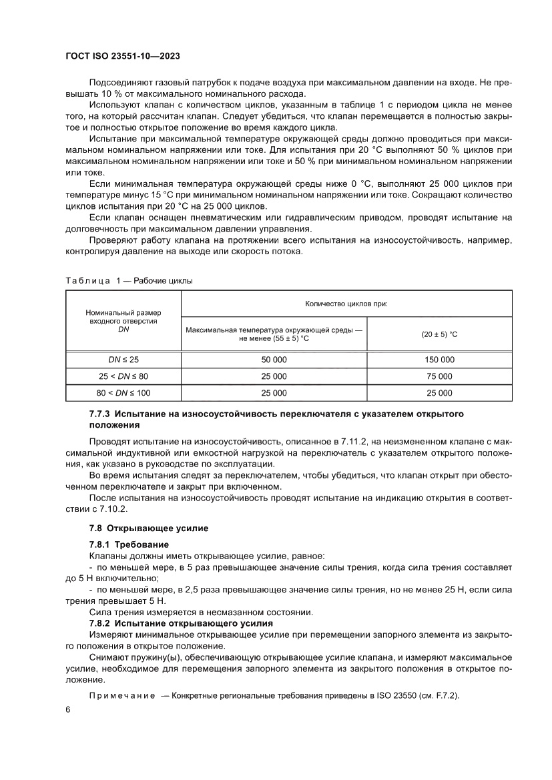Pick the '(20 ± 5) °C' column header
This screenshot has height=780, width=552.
[x=439, y=334]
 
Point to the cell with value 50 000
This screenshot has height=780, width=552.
[x=274, y=360]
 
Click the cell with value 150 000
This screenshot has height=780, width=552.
[x=439, y=360]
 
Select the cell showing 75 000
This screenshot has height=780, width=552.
[x=439, y=376]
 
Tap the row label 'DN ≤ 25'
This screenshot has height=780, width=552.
[x=123, y=360]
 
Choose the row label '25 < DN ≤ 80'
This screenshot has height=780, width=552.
[x=123, y=376]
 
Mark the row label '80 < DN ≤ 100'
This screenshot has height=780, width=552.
[x=123, y=393]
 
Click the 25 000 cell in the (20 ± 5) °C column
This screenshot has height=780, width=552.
[x=439, y=393]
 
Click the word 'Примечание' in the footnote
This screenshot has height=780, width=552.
[x=121, y=695]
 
